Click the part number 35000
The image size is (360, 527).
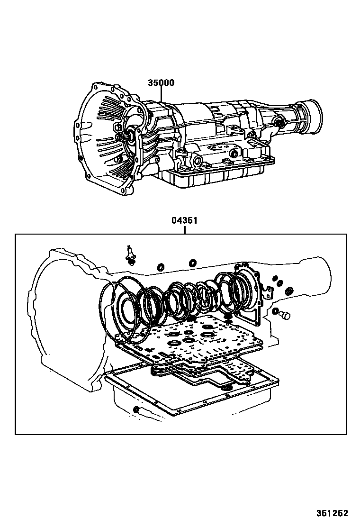[x=161, y=82]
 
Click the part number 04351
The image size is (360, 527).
[x=184, y=220]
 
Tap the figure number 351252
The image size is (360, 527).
[x=332, y=513]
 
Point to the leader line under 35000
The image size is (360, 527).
[x=161, y=94]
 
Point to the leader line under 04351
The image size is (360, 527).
[x=184, y=229]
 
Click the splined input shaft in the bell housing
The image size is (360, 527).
[x=123, y=137]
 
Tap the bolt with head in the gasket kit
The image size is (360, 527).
[x=129, y=256]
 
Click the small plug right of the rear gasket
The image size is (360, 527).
[x=284, y=315]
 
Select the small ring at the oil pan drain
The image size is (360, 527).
[x=136, y=409]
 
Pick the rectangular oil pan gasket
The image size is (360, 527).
[x=191, y=387]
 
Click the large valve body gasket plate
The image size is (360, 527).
[x=188, y=339]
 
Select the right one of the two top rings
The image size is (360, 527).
[x=192, y=263]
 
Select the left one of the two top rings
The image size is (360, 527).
[x=161, y=267]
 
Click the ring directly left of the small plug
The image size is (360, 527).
[x=275, y=311]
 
